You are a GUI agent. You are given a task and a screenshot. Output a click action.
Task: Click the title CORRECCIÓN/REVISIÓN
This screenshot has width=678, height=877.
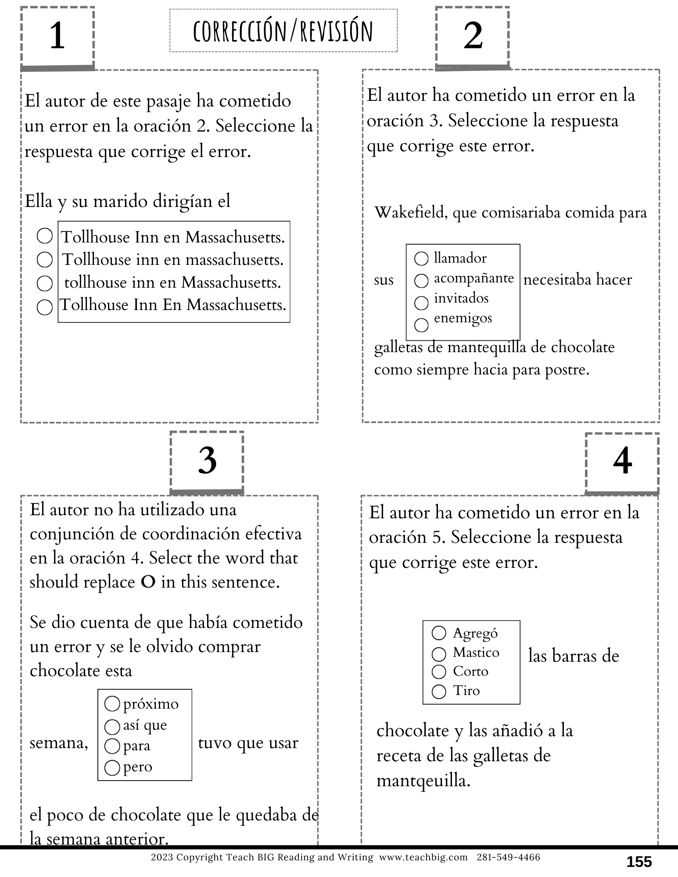pyautogui.click(x=283, y=31)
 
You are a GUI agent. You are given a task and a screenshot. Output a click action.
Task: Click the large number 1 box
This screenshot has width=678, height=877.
pyautogui.click(x=57, y=36)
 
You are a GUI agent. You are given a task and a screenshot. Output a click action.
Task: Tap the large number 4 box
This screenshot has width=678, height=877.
pyautogui.click(x=622, y=462)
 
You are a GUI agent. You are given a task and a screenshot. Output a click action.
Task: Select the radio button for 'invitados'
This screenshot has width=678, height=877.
pyautogui.click(x=421, y=303)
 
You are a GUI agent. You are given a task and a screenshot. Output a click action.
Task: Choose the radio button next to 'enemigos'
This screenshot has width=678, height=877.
pyautogui.click(x=421, y=325)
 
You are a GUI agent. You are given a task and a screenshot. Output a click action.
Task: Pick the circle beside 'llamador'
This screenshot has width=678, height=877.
pyautogui.click(x=421, y=259)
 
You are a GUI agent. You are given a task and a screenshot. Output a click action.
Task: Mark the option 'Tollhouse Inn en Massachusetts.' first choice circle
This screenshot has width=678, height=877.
pyautogui.click(x=44, y=236)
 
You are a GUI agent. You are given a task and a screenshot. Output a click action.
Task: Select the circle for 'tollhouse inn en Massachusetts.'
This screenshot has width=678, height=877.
pyautogui.click(x=44, y=283)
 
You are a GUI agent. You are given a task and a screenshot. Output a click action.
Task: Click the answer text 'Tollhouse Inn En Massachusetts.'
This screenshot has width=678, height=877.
pyautogui.click(x=173, y=305)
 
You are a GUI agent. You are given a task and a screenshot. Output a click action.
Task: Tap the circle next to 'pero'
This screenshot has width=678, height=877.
pyautogui.click(x=112, y=767)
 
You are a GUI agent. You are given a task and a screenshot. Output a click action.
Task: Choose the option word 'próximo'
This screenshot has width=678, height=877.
pyautogui.click(x=151, y=704)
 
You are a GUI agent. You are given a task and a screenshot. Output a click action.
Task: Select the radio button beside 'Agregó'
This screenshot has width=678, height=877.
pyautogui.click(x=439, y=633)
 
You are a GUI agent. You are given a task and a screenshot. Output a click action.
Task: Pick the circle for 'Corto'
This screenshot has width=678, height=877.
pyautogui.click(x=439, y=671)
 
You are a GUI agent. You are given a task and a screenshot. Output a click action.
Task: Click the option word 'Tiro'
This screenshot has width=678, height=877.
pyautogui.click(x=466, y=691)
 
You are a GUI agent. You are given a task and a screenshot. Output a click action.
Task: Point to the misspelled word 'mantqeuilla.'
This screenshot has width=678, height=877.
pyautogui.click(x=423, y=781)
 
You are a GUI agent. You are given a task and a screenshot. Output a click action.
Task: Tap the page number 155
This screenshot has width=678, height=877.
pyautogui.click(x=639, y=862)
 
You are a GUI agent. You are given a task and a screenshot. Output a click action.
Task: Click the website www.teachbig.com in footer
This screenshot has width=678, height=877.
pyautogui.click(x=423, y=857)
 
